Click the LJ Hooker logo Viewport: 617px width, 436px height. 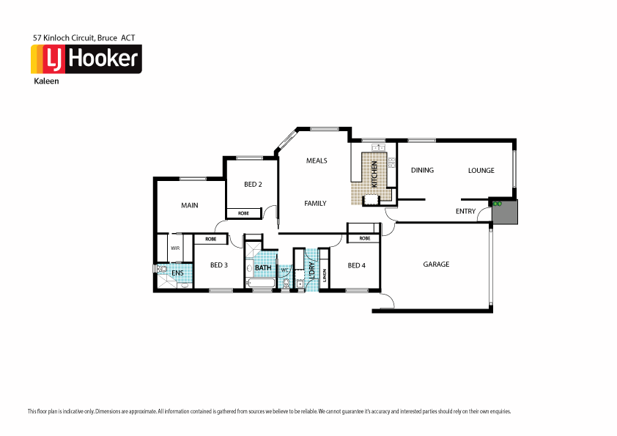pos(86,59)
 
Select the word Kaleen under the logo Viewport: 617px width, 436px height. pos(46,81)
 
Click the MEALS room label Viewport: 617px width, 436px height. pos(317,160)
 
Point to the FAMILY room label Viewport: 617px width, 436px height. pos(315,203)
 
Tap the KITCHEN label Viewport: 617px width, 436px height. pos(374,175)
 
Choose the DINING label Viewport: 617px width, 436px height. pos(422,170)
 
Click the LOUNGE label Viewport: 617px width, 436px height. pos(481,170)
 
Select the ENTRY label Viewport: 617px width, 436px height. pos(465,211)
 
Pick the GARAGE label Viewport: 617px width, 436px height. pos(436,265)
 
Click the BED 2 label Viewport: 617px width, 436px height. pos(253,184)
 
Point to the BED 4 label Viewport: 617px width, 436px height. pos(356,265)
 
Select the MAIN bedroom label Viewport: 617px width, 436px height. pos(190,205)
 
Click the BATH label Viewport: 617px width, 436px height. pos(263,268)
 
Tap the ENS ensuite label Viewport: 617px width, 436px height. pos(177,273)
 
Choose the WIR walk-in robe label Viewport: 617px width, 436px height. pos(175,248)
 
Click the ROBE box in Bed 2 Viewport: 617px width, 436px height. pos(243,213)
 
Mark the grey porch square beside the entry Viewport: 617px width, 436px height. pos(505,213)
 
